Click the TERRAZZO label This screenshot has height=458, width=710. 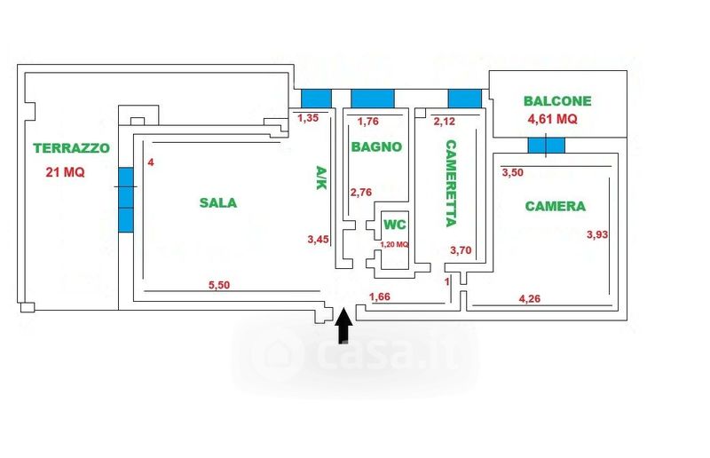(71, 148)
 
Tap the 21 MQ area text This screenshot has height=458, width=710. (66, 172)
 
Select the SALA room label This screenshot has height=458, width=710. (217, 202)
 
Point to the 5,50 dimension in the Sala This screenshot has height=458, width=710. (220, 285)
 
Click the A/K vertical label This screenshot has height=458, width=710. (321, 181)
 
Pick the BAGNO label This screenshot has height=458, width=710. (375, 146)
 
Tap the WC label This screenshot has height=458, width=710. (394, 225)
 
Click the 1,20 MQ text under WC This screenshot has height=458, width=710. (394, 244)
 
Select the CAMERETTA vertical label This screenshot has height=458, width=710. (451, 183)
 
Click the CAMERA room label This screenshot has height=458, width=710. (556, 206)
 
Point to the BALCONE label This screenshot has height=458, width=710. (557, 101)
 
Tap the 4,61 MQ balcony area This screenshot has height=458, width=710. (553, 118)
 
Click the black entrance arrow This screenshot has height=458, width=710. (344, 328)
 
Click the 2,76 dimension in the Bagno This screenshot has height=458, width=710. (362, 192)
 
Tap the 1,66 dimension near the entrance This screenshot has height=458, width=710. (380, 296)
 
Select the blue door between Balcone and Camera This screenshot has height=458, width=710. (545, 145)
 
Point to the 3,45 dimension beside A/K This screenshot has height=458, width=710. (317, 239)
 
